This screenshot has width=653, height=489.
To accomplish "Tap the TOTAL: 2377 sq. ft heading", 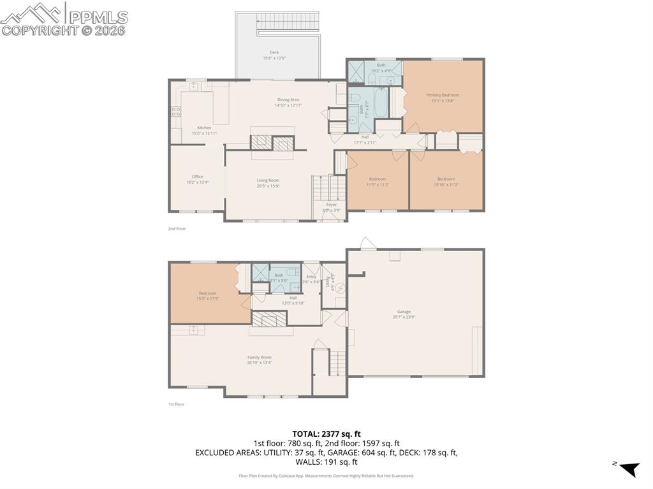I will pyautogui.click(x=326, y=434).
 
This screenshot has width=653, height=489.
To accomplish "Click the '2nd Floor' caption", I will pyautogui.click(x=177, y=228).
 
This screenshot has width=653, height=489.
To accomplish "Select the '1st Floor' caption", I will pyautogui.click(x=176, y=404).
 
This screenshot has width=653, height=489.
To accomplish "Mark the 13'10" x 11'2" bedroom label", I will pyautogui.click(x=446, y=182).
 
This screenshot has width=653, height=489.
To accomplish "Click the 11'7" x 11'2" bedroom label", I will pyautogui.click(x=378, y=182).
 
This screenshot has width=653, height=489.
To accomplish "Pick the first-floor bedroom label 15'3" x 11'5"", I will pyautogui.click(x=207, y=296).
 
